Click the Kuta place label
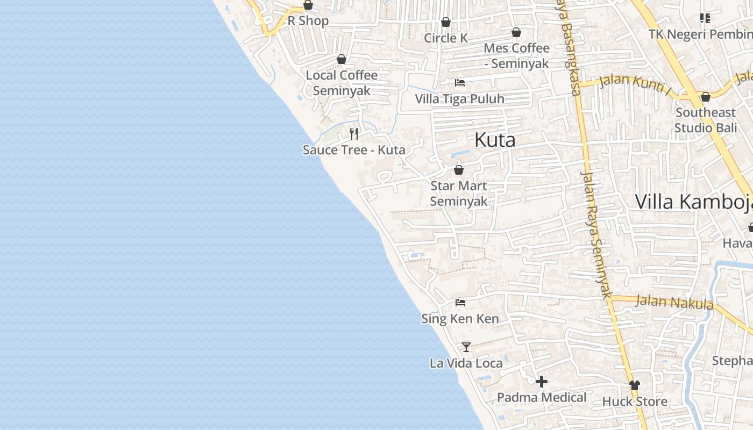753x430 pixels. pos(495,140)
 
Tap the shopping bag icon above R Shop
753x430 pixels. pos(308,5)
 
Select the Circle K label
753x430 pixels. pos(446,38)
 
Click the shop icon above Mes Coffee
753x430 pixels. pos(516,32)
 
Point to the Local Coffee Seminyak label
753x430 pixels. pos(342,83)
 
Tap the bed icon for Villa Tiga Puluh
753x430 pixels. pos(460,83)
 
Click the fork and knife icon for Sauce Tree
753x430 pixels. pos(354,133)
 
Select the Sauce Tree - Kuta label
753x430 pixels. pos(354,150)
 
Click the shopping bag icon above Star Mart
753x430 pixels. pos(459,170)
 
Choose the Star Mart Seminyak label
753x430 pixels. pos(459,193)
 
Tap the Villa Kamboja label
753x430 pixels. pos(694,202)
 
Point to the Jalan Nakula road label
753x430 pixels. pos(674,302)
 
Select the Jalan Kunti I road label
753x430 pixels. pos(635,83)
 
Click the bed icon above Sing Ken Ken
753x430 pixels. pos(460,303)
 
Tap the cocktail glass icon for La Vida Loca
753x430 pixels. pos(466,347)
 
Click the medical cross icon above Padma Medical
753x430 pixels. pos(542,382)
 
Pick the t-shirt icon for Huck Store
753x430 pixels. pos(635,385)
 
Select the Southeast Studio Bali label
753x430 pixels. pos(705,120)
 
